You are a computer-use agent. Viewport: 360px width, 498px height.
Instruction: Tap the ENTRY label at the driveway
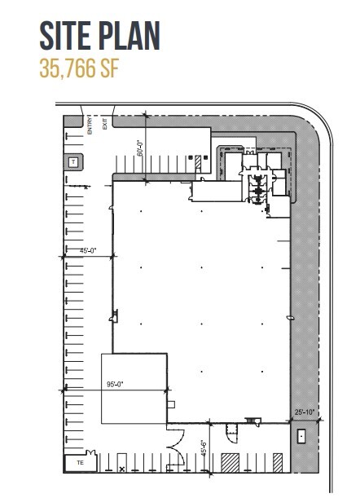point(91,123)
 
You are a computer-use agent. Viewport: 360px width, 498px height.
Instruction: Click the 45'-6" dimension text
point(204,447)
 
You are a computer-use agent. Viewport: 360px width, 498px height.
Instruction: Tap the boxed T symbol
point(73,162)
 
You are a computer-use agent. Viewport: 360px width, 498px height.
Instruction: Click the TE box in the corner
point(80,462)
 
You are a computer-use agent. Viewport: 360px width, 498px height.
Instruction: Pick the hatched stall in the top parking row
point(198,163)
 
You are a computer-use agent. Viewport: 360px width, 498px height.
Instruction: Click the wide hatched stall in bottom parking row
point(230,463)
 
